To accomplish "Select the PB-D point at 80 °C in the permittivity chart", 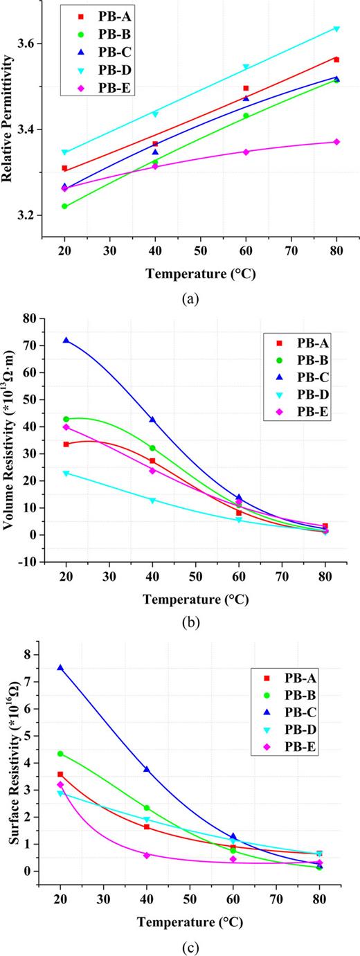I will [x=336, y=28].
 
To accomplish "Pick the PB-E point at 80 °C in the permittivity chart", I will [x=336, y=142].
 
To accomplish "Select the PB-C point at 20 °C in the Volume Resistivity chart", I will [x=66, y=341].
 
